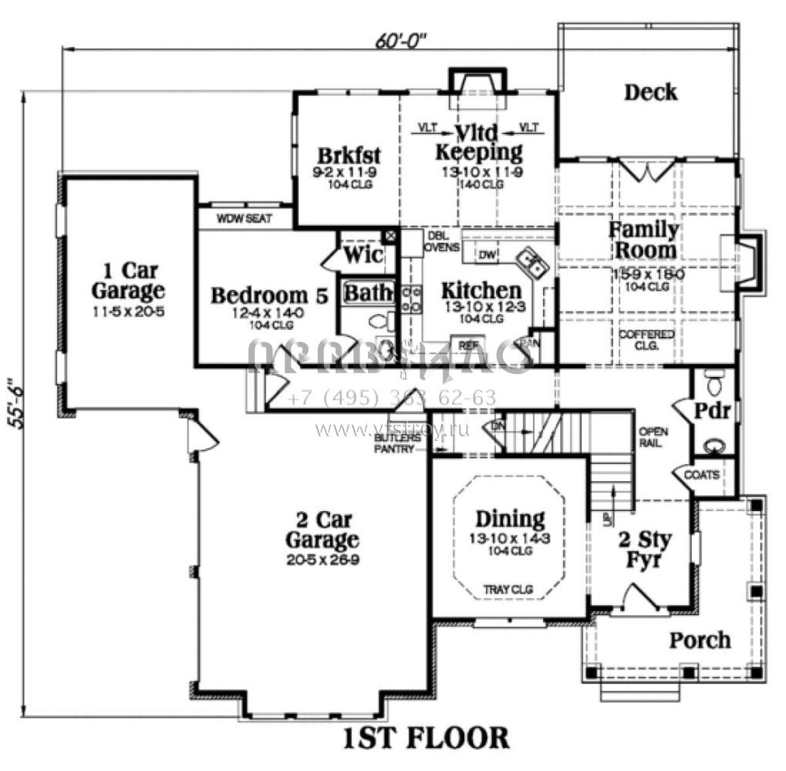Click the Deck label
(x=651, y=93)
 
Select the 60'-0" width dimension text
(x=401, y=39)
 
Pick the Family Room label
(x=644, y=240)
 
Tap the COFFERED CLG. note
(x=646, y=340)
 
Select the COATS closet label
(x=701, y=475)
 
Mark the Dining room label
(x=509, y=518)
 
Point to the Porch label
(x=700, y=640)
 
